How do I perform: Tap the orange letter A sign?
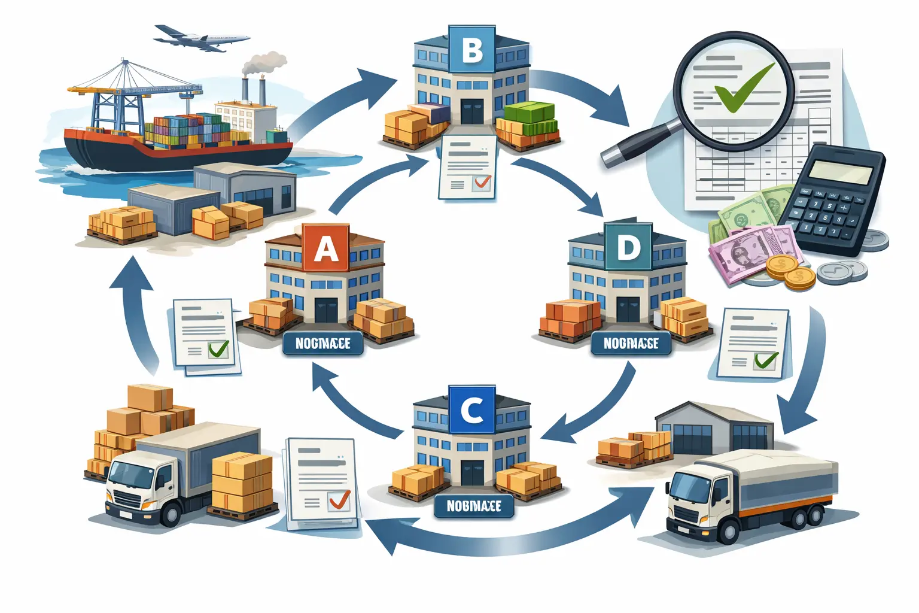coord(325,248)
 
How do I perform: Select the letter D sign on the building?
coord(628,247)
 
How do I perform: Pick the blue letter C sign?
coord(471,410)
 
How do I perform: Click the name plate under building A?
coord(323,344)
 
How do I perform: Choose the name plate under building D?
coord(631,344)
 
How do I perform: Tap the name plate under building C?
coord(473,506)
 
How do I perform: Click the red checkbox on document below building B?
coord(480,182)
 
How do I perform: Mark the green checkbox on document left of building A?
coord(218,349)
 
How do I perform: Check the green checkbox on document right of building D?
coord(765,360)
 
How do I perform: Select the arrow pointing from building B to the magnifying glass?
coord(580,93)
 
